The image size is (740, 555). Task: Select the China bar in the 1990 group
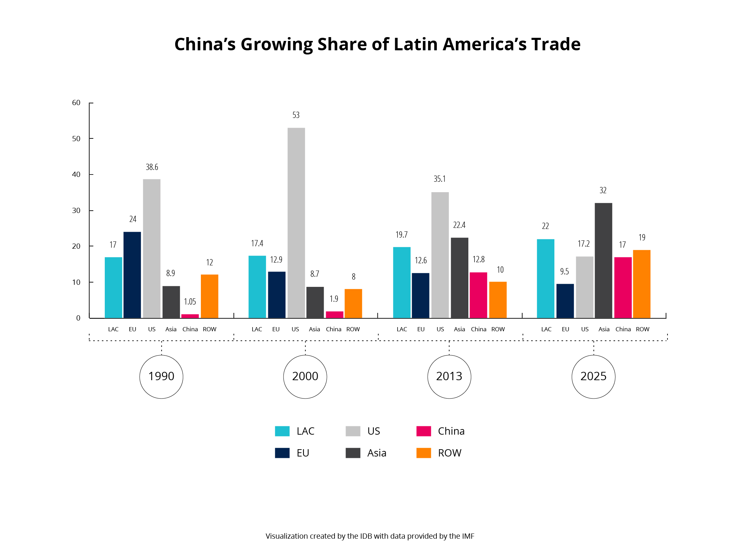190,316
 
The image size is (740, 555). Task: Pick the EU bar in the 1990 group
132,275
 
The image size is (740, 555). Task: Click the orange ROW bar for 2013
497,300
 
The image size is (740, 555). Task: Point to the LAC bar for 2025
545,279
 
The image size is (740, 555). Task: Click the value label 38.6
152,167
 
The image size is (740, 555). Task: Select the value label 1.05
190,302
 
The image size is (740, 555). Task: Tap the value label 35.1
439,179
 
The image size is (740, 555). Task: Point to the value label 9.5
564,272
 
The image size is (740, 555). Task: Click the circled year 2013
449,376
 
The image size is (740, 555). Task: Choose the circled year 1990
161,376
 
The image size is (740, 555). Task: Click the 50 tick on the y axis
76,139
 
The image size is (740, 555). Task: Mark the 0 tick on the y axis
78,318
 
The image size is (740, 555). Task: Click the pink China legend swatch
423,431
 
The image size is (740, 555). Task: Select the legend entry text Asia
376,453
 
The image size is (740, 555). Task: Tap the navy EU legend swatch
282,453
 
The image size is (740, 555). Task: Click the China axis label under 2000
333,329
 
